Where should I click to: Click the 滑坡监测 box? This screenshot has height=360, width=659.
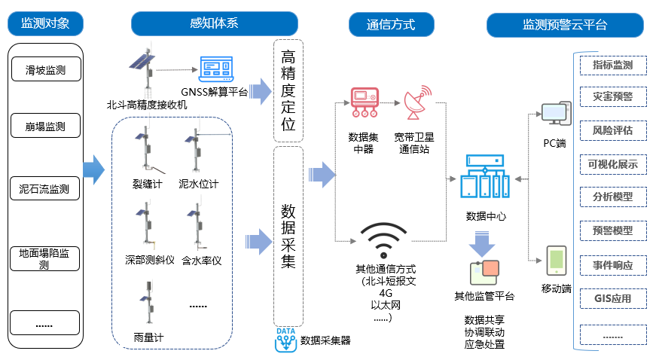point(45,71)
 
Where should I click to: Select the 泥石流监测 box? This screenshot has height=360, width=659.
point(45,189)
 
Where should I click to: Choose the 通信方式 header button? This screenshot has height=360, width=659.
point(391,24)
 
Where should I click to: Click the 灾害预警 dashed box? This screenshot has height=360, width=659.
point(612,97)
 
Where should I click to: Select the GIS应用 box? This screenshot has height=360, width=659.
point(612,298)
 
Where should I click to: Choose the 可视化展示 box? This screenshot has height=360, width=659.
point(612,164)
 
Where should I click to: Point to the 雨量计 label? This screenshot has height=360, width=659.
point(148,337)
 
